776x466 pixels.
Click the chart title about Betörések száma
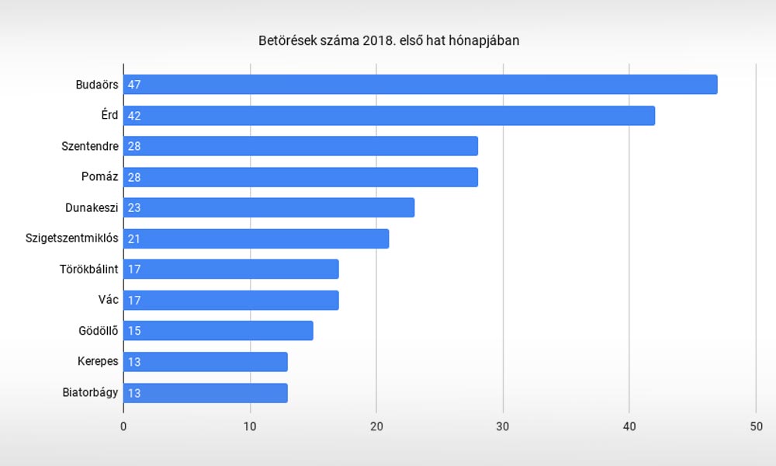(x=389, y=40)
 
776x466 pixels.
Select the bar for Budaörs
(x=420, y=85)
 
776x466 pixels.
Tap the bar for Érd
(x=389, y=116)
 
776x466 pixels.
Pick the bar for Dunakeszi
(x=268, y=207)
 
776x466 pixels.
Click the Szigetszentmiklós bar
(x=256, y=238)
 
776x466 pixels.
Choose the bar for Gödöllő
(x=218, y=330)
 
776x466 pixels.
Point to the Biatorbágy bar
(x=206, y=393)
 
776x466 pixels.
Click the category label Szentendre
(x=89, y=146)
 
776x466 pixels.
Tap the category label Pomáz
(x=99, y=176)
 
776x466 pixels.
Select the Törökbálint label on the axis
(x=88, y=269)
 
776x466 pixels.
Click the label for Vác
(x=108, y=300)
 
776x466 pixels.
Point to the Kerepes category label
(x=98, y=361)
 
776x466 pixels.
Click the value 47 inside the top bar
(x=134, y=85)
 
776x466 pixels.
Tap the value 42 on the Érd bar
(x=134, y=116)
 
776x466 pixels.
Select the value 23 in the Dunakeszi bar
(x=134, y=208)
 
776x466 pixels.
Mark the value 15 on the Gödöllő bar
(x=134, y=331)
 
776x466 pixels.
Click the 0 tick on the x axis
(x=123, y=426)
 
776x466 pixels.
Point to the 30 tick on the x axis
(x=503, y=426)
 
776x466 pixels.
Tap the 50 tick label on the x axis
(x=756, y=426)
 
